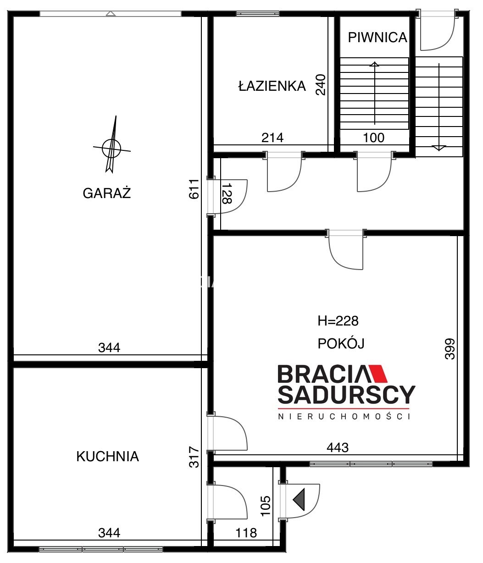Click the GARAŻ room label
click(107, 193)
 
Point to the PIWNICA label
click(378, 37)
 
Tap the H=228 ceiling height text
click(338, 321)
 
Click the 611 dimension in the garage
click(194, 189)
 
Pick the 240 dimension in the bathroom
click(321, 85)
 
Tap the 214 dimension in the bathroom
click(272, 138)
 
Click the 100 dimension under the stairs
click(374, 138)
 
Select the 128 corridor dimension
click(227, 193)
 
